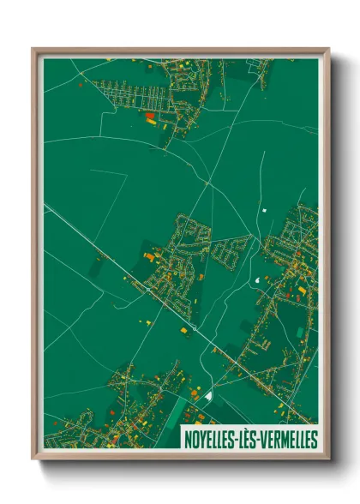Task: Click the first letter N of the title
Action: tap(188, 438)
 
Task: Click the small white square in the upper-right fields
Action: tap(265, 210)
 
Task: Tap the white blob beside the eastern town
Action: tap(258, 279)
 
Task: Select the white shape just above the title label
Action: tap(208, 395)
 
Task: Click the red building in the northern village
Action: tap(151, 116)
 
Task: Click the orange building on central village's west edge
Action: tap(148, 255)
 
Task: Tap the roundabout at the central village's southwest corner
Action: tap(149, 290)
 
